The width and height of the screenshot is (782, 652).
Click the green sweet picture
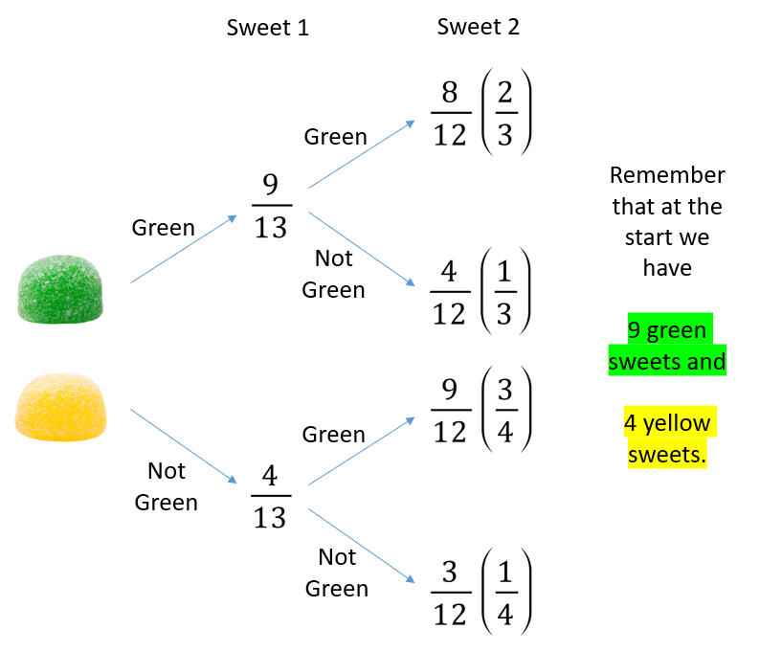[x=60, y=289]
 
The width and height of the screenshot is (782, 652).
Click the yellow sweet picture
[x=60, y=407]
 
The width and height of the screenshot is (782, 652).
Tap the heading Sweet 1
[x=268, y=28]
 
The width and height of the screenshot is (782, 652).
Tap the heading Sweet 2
[x=479, y=27]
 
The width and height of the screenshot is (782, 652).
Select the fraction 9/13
[x=272, y=206]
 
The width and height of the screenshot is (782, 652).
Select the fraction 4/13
[x=271, y=496]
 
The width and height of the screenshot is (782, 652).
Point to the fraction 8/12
[x=451, y=113]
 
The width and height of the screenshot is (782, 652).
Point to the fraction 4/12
[x=450, y=292]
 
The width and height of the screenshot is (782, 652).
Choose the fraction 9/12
[x=451, y=410]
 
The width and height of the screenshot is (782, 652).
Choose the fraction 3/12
[x=451, y=593]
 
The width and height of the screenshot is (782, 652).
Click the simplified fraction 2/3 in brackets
[x=505, y=113]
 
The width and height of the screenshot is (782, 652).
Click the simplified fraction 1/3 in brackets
[x=504, y=292]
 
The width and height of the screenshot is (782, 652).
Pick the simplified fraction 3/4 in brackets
[x=505, y=410]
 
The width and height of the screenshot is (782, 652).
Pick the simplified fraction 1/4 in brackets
[x=505, y=592]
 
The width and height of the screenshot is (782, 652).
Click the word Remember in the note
[x=667, y=175]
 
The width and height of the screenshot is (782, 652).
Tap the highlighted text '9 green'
[x=667, y=329]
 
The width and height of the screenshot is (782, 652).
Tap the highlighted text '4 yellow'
[x=667, y=422]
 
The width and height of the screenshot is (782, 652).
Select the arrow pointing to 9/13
[x=184, y=249]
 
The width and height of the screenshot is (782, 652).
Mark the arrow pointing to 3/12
[x=362, y=546]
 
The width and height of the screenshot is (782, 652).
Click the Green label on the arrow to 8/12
[x=336, y=137]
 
